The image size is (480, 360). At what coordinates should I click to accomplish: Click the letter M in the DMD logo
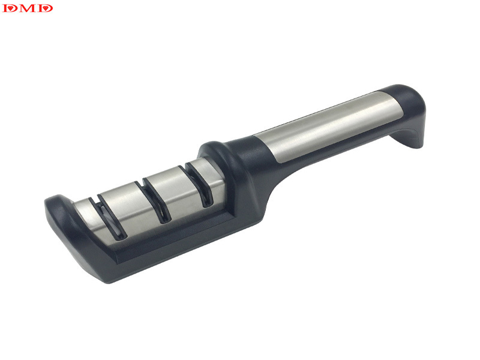[27, 8]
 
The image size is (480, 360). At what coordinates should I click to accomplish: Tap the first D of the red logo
[10, 8]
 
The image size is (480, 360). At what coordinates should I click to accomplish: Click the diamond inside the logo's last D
[46, 8]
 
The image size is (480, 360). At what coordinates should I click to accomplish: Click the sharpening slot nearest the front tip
[107, 217]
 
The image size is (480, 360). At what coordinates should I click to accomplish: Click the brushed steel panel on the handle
[328, 125]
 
